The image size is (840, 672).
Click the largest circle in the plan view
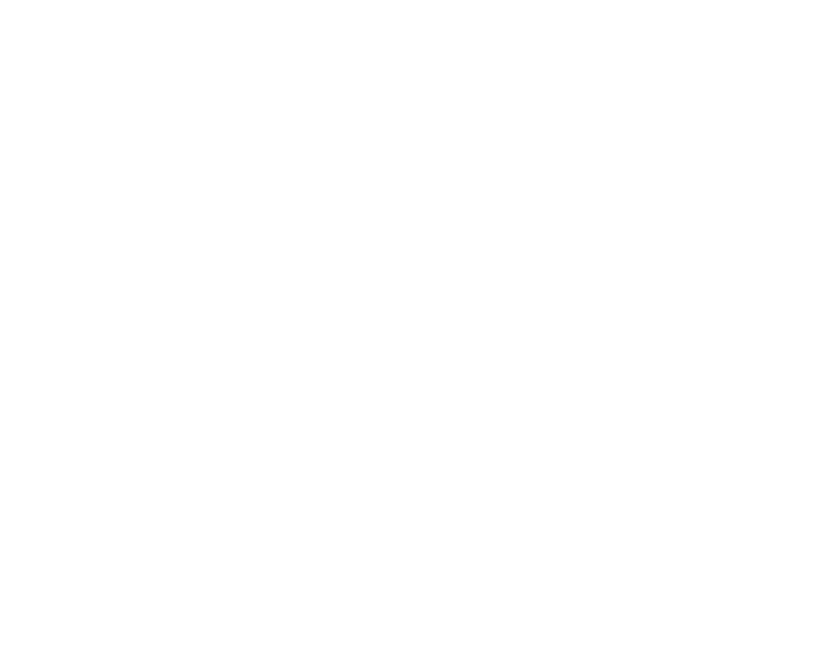click(146, 433)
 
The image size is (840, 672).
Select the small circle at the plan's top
click(183, 211)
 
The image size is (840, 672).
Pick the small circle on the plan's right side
click(377, 391)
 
